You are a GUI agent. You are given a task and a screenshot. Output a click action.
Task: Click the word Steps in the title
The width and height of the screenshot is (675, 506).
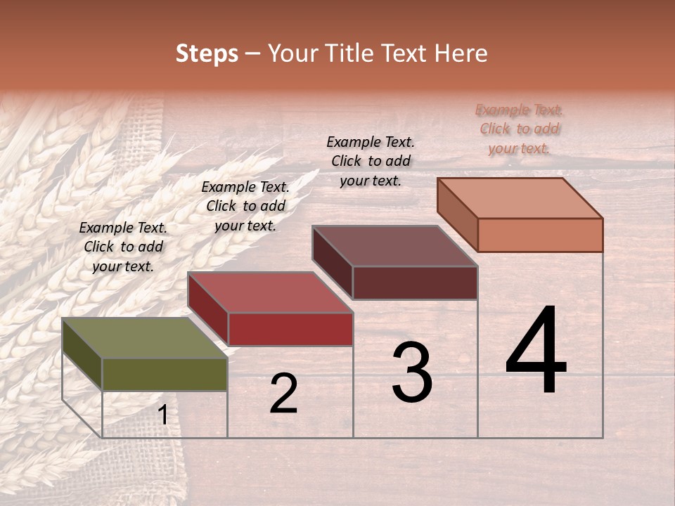point(207,53)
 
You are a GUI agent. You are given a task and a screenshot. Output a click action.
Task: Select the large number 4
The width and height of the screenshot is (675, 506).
point(536,351)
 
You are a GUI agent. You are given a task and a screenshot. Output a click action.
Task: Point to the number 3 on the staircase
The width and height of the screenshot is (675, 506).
point(411,372)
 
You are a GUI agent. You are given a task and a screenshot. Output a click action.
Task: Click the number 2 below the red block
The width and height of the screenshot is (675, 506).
point(283,394)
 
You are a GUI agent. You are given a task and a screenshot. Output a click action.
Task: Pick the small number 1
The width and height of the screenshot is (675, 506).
point(162,415)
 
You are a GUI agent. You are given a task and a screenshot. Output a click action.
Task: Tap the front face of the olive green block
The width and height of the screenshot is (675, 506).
point(165,375)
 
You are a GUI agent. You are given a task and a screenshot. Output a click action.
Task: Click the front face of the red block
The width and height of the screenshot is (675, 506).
point(290,329)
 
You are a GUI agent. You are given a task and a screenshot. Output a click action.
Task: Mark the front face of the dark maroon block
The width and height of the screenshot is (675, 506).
point(415,283)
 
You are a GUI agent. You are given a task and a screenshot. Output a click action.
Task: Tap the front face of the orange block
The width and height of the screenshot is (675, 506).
point(540,235)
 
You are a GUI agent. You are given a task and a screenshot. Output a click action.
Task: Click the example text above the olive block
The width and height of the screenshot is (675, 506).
point(123,247)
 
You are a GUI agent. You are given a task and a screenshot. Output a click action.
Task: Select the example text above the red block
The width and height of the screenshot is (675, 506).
point(245,206)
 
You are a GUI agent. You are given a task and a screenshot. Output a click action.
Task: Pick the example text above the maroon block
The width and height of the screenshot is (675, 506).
point(371,161)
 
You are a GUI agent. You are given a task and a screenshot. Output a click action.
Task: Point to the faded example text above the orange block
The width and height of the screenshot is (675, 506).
point(519,129)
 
